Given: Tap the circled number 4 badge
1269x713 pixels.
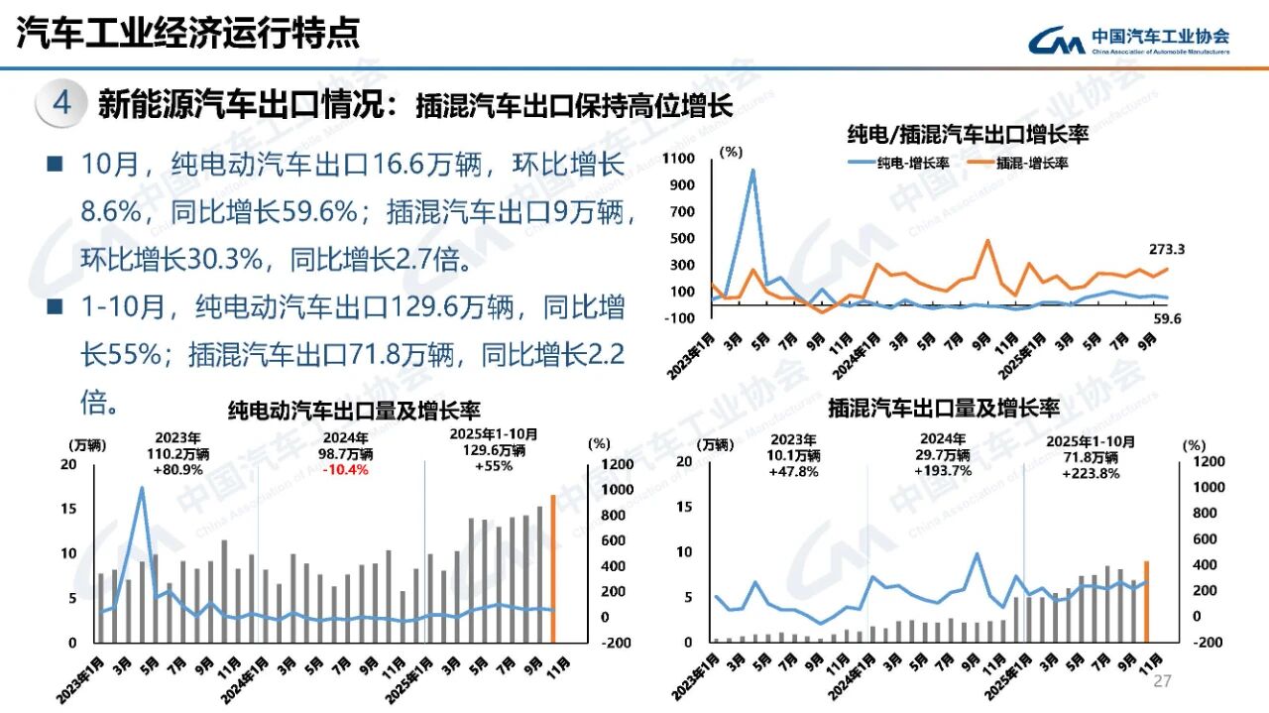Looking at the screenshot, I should coord(61,104).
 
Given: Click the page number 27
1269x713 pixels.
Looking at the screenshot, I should coord(1163,680).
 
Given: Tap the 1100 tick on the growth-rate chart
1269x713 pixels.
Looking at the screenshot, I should coord(680,159).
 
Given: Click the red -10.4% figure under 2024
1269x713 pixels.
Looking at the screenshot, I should coord(343,469).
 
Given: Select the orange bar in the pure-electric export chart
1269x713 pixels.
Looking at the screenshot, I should coord(552,567).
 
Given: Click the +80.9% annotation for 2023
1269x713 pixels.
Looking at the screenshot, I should coord(179,469).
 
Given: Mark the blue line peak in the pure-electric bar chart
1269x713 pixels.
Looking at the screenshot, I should coord(142,487).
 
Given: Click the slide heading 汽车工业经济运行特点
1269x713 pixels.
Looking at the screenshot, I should coord(188,34).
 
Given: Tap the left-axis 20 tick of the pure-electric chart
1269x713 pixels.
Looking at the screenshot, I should coord(68,464).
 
